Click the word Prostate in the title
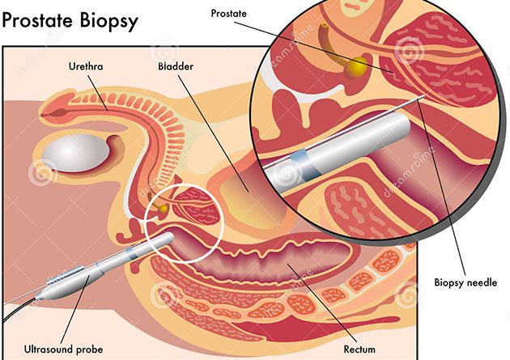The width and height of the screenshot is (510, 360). point(37,20)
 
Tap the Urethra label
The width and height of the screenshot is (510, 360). point(86,66)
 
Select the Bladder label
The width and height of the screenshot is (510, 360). point(176,66)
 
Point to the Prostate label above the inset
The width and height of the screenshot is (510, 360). point(228,13)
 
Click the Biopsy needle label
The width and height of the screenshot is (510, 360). point(465,282)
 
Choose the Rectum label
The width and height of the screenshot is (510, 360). point(359,349)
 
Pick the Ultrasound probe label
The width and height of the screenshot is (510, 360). point(63,349)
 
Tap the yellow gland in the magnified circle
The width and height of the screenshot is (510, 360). point(356,68)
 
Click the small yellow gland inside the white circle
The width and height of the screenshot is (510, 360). point(164,208)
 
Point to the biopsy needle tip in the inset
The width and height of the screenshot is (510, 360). point(423,96)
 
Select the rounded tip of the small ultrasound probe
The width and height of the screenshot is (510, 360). point(170,238)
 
